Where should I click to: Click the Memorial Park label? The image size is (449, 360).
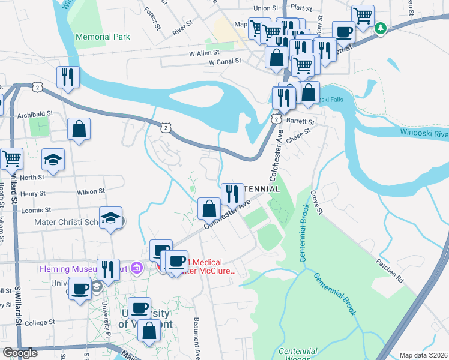pyautogui.click(x=103, y=37)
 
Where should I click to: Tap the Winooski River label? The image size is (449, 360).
pyautogui.click(x=423, y=133)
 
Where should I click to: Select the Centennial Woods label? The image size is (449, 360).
pyautogui.click(x=298, y=355)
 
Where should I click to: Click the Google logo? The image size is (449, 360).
pyautogui.click(x=20, y=353)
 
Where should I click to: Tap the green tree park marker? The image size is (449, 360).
pyautogui.click(x=380, y=28)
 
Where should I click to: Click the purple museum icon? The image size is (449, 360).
pyautogui.click(x=137, y=267)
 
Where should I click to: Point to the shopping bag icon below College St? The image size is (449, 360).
pyautogui.click(x=149, y=330)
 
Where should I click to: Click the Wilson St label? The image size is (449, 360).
pyautogui.click(x=91, y=191)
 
